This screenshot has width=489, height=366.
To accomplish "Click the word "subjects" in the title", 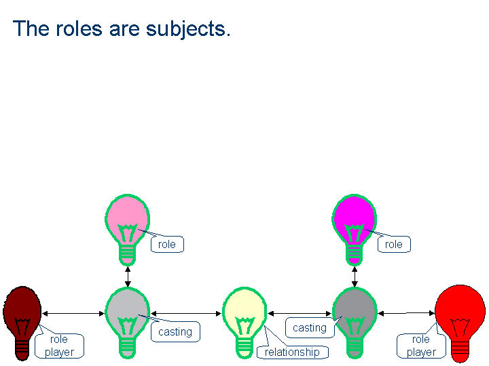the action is point(186,30).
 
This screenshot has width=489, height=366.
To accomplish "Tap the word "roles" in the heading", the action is point(79,28).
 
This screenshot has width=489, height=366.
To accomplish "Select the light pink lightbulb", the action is point(127,230).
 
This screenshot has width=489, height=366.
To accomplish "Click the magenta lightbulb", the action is point(354,230).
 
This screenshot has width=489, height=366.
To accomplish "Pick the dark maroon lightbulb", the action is point(22,323).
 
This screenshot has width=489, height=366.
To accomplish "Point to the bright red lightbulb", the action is point(460,323).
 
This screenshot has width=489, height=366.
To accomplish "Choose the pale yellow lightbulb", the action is point(244,323).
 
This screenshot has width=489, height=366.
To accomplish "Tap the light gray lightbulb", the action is point(127,323).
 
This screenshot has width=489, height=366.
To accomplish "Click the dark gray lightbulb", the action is point(355,323).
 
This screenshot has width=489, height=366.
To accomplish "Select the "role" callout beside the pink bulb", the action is point(167,244).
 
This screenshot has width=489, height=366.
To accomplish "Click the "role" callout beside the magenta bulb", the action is point(394,244).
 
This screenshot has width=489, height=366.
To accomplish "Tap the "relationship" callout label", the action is point(292,352).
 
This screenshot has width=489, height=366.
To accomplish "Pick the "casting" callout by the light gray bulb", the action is point(175,331).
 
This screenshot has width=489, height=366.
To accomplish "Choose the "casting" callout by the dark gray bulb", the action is point(310,328).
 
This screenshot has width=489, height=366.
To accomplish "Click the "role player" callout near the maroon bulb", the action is point(59,346).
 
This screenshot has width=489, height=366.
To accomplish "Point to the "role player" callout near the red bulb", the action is point(421,346).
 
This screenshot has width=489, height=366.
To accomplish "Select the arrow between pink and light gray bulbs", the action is point(128,277).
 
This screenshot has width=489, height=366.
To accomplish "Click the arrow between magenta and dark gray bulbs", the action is point(355,277).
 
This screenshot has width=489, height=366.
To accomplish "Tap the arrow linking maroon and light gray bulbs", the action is point(73,313).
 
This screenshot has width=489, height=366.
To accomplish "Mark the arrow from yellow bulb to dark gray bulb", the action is point(300,313).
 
